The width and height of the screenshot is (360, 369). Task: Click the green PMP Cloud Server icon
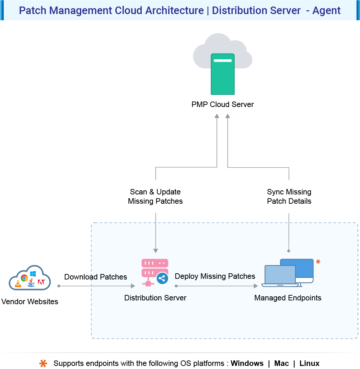tap(222, 74)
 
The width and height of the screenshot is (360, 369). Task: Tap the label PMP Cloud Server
tap(222, 104)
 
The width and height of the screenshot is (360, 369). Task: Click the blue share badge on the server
tap(162, 278)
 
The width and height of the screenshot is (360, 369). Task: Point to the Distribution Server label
tap(155, 298)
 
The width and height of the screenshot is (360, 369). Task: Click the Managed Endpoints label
tap(288, 298)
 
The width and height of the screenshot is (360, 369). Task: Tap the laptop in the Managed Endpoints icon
tap(280, 276)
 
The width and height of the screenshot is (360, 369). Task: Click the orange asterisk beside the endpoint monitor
tap(318, 262)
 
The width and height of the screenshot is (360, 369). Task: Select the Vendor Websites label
tap(30, 302)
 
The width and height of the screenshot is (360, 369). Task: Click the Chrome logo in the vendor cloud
tap(24, 278)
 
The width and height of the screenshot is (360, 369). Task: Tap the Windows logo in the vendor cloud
tap(33, 274)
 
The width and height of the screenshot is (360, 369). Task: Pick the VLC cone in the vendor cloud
tap(18, 284)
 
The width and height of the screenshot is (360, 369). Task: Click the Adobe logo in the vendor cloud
tap(41, 282)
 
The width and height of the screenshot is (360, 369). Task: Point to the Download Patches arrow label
tap(95, 277)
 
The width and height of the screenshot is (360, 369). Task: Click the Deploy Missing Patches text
tap(215, 276)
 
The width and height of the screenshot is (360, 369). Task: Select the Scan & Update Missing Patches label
tap(155, 197)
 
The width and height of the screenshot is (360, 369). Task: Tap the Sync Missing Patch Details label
tap(289, 197)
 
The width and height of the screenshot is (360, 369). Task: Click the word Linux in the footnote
tap(309, 363)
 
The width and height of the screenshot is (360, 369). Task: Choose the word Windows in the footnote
tap(247, 363)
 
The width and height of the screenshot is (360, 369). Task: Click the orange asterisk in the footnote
tap(43, 364)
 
